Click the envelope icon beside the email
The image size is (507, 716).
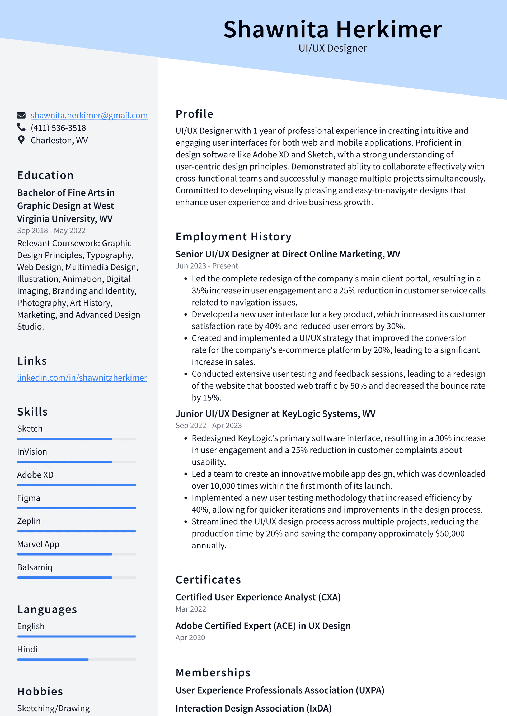coord(21,115)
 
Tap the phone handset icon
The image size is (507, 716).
coord(21,127)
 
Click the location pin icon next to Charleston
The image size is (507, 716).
coord(21,140)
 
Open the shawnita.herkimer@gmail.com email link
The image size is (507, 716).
coord(89,115)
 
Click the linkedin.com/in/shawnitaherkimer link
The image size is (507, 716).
coord(82,378)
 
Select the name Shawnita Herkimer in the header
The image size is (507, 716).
coord(332,29)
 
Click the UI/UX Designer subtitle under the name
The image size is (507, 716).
coord(332,48)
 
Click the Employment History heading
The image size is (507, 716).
coord(233,237)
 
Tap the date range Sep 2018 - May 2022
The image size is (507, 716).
coord(51,231)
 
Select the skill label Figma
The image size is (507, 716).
coord(29,498)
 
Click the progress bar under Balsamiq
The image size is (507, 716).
coord(77,577)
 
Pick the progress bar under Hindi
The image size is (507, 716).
coord(77,660)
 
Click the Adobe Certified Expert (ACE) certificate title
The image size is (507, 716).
coord(263,626)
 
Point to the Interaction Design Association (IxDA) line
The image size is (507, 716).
coord(253,708)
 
